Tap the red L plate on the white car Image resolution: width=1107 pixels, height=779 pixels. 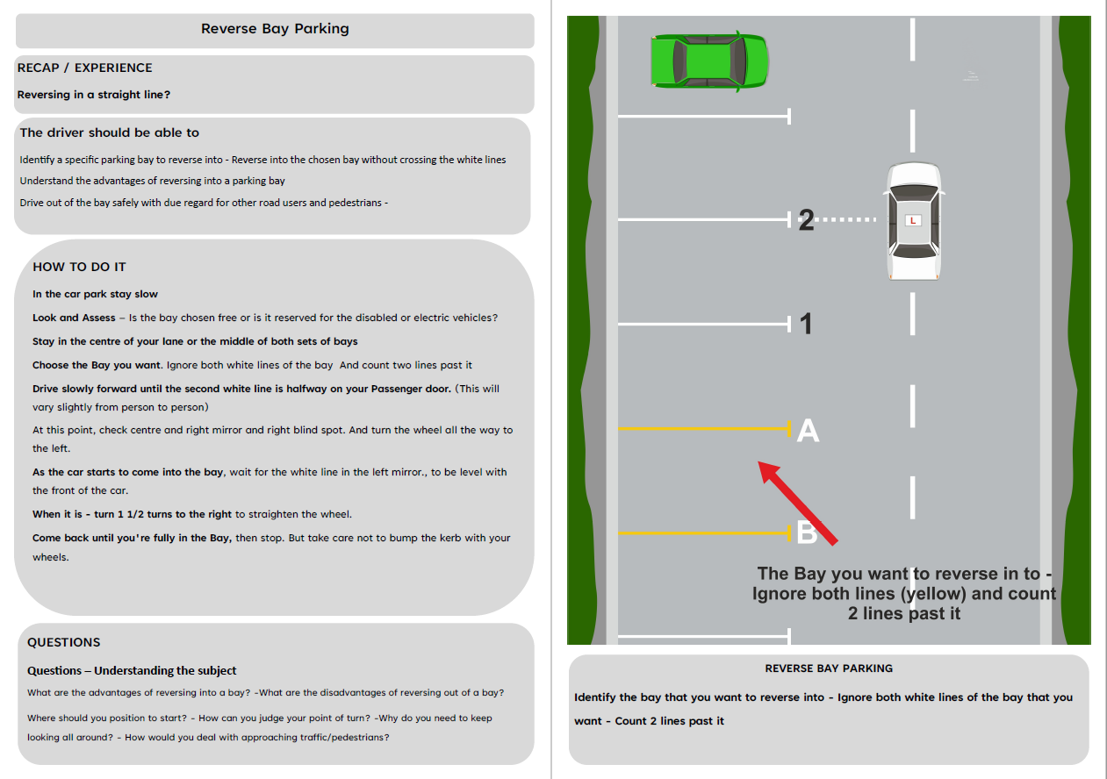pos(913,220)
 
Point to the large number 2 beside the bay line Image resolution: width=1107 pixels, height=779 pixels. pos(806,220)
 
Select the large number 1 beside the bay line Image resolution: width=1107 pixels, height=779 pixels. pos(807,325)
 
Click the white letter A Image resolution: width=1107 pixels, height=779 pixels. pos(808,431)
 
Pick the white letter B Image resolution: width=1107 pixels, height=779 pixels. pos(806,532)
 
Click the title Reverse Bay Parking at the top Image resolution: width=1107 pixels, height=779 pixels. pos(275,29)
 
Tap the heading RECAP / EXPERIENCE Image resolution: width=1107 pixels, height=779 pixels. pos(84,68)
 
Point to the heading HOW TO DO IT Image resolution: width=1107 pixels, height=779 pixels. pos(79,267)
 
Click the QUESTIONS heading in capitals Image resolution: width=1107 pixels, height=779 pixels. pos(63,642)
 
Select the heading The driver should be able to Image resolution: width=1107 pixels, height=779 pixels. pos(110,133)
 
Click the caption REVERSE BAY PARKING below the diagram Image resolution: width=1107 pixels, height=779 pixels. pos(829,668)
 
